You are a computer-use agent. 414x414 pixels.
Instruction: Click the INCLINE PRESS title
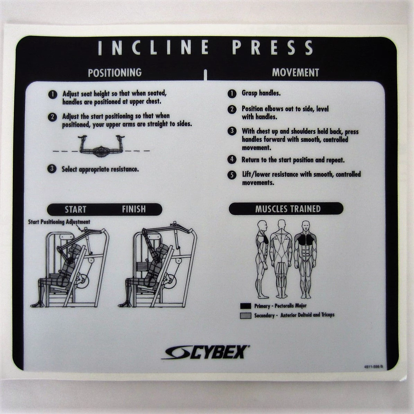[205, 47]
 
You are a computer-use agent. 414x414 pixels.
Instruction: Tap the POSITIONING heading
[115, 73]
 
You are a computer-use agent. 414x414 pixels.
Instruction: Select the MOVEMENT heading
[296, 73]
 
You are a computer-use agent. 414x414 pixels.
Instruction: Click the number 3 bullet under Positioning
[52, 169]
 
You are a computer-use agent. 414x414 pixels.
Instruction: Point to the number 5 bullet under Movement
[232, 175]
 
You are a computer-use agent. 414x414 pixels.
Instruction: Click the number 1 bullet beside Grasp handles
[232, 94]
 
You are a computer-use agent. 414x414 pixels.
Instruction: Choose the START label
[76, 209]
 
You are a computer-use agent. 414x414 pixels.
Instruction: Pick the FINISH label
[134, 209]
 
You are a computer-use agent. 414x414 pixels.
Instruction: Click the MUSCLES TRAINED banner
[286, 209]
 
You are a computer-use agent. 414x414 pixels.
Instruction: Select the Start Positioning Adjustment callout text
[59, 222]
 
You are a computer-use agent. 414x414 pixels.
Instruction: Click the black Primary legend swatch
[246, 306]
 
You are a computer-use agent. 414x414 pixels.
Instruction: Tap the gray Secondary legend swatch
[246, 316]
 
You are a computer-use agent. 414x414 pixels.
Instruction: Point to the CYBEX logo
[205, 352]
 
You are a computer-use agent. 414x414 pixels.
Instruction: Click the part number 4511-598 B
[373, 367]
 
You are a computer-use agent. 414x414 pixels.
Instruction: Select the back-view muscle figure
[282, 259]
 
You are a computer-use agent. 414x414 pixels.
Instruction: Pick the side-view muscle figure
[262, 259]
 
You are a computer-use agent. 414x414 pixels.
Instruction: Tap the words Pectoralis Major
[290, 306]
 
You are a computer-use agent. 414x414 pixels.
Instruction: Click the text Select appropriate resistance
[100, 169]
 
